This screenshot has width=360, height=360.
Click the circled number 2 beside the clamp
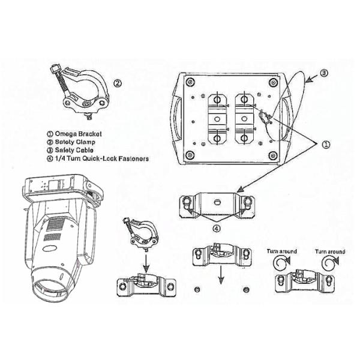point(119,83)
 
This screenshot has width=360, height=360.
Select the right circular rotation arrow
point(328,262)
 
